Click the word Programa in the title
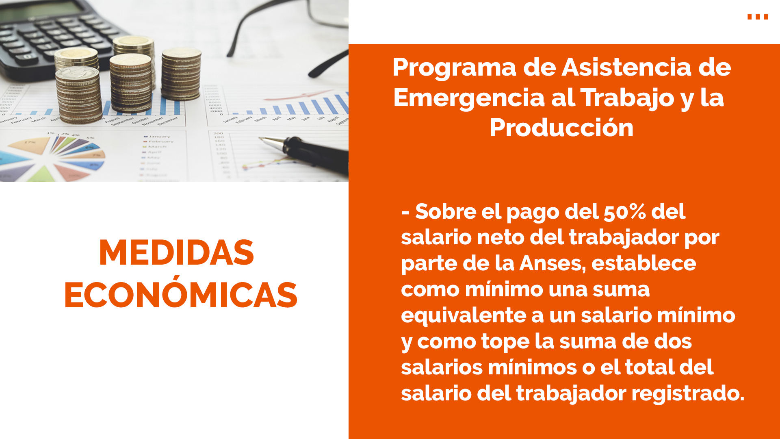[454, 68]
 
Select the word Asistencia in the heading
[626, 67]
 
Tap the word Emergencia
[469, 98]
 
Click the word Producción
[561, 128]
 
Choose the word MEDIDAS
[176, 253]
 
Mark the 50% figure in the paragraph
[625, 212]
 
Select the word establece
[644, 263]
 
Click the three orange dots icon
[758, 17]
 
